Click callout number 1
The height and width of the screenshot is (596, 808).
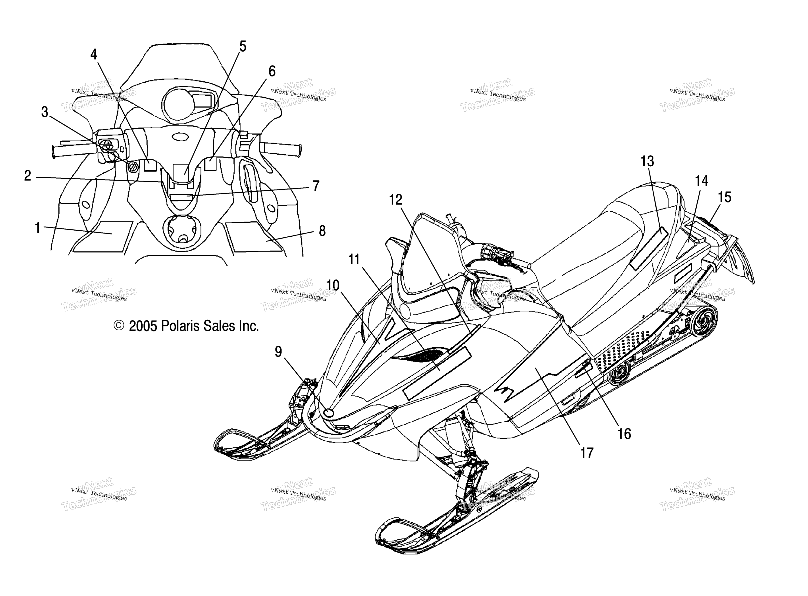click(x=37, y=228)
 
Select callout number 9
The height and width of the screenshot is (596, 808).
click(x=278, y=352)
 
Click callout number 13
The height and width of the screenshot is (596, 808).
click(x=647, y=161)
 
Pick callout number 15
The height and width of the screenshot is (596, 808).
click(x=724, y=197)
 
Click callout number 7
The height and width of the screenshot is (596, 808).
click(x=316, y=186)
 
